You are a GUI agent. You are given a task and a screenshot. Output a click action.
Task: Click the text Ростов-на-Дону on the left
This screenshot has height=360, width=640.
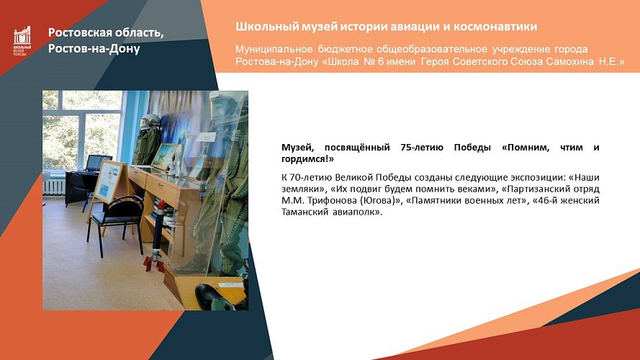coord(94,49)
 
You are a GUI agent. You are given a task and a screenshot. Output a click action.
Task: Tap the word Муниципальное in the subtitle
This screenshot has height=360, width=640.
coord(274,49)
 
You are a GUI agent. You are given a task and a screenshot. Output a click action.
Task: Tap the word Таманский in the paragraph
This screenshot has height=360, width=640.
coord(305,212)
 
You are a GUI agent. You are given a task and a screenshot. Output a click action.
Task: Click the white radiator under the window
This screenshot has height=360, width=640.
coord(55,186)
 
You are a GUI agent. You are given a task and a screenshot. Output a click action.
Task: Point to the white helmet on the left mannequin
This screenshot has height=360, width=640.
coord(149,122)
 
